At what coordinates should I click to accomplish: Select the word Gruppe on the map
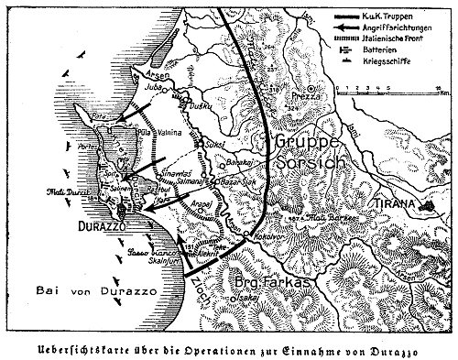coord(307,142)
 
